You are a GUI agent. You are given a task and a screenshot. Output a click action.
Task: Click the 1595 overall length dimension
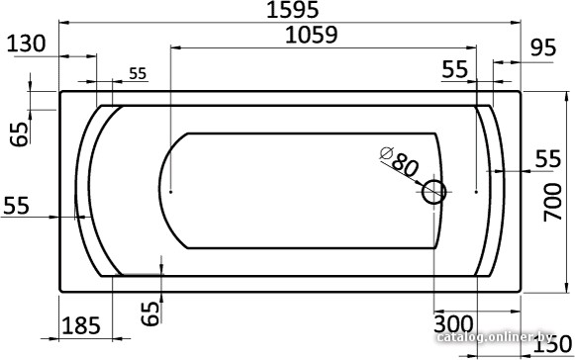tap(292, 10)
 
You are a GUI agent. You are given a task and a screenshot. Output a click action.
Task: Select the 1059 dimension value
tap(311, 36)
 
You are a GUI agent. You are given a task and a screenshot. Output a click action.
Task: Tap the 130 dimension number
tap(27, 44)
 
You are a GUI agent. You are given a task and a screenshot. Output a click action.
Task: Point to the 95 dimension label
tap(543, 47)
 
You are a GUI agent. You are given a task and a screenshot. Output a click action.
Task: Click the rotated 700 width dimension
tap(552, 202)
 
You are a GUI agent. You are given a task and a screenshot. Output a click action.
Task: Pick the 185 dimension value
tap(81, 325)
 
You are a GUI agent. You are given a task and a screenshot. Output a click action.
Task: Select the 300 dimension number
tap(453, 323)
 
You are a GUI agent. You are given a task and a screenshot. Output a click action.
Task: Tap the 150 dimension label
tap(552, 345)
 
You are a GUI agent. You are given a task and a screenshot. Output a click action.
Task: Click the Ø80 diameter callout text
tap(399, 161)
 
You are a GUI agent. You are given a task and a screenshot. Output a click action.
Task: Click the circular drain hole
tap(433, 192)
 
